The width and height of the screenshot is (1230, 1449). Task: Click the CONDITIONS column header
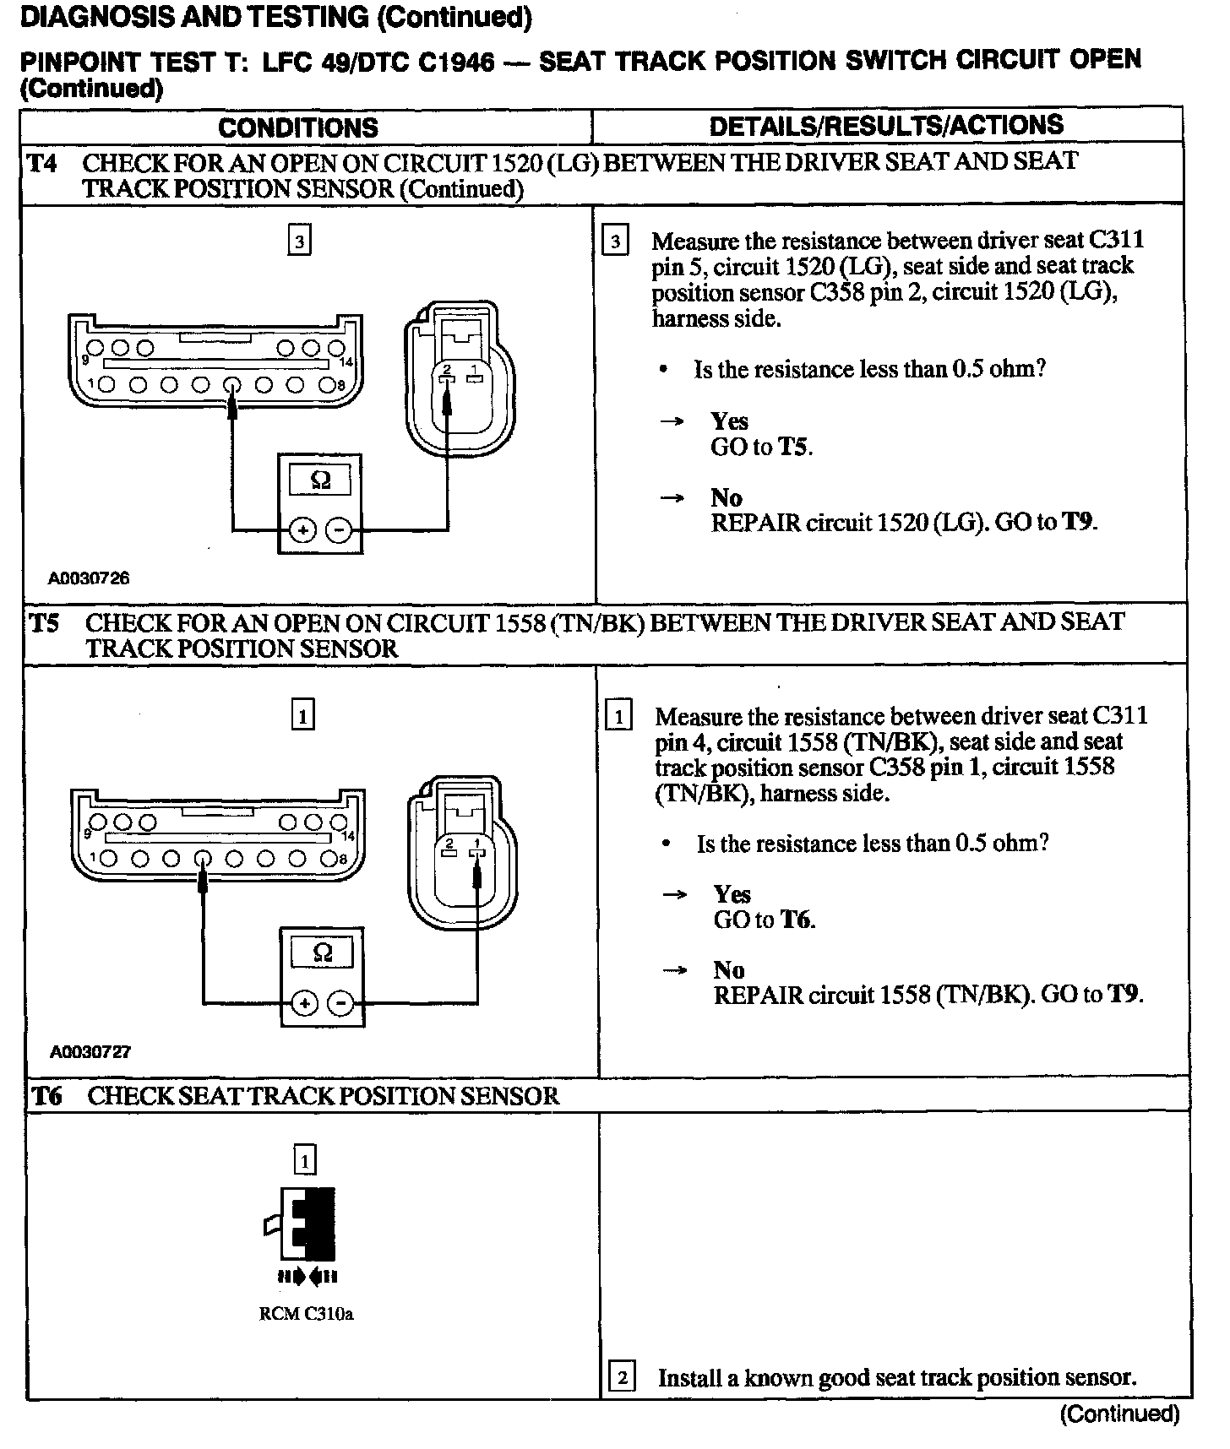point(297,128)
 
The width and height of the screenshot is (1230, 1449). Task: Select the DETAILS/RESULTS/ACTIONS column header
point(886,126)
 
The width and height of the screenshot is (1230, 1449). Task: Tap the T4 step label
point(41,162)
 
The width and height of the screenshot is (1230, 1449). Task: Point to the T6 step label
point(46,1096)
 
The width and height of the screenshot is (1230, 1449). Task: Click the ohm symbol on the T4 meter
point(320,480)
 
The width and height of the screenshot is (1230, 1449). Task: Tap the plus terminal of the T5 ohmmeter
point(303,1003)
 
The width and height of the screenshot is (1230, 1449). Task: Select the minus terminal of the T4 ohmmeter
point(339,530)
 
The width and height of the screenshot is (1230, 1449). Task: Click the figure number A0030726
point(88,578)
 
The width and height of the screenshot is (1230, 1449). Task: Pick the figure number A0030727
point(90,1051)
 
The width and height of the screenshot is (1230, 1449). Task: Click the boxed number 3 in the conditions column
point(299,242)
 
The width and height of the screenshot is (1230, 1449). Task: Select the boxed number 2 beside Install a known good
point(621,1379)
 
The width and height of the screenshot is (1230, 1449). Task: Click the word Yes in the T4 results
point(729,421)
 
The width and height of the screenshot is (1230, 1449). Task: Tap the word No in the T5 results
point(728,970)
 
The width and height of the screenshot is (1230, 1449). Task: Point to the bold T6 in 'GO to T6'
point(797,920)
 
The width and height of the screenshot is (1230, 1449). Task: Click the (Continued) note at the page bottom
point(1118,1414)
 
